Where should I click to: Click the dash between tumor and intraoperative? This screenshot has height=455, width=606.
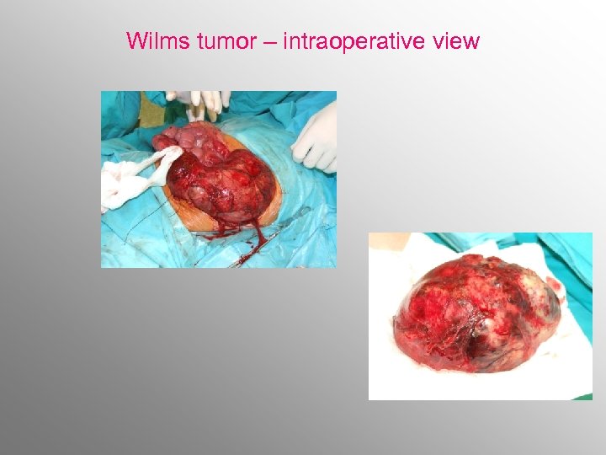(269, 41)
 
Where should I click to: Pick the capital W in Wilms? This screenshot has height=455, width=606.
(136, 40)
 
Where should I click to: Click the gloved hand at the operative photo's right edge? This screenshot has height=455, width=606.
(316, 139)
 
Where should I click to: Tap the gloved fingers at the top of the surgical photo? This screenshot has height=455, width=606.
(199, 102)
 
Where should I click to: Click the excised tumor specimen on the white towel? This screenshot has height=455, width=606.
(476, 312)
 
